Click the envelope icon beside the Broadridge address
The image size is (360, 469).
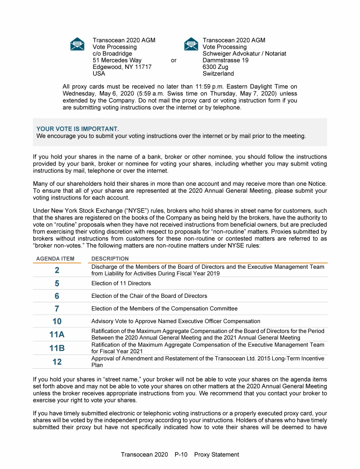tap(77, 44)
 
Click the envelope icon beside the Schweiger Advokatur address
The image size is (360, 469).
tap(191, 44)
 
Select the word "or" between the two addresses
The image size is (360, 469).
tap(173, 61)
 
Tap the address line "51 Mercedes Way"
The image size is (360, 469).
tap(117, 61)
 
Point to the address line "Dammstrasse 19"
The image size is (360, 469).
tap(225, 61)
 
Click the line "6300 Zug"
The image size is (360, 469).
tap(215, 67)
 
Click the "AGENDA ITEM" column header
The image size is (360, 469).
tap(55, 259)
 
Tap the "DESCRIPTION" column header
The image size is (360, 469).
tap(110, 259)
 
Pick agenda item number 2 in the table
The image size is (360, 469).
tap(57, 270)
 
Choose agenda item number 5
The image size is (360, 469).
tap(57, 283)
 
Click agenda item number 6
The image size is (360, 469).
tap(57, 296)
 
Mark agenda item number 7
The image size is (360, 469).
tap(57, 309)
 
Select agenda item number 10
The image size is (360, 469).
tap(57, 321)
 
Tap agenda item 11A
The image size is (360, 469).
tap(57, 334)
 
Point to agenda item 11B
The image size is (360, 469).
tap(57, 348)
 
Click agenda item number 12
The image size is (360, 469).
tap(57, 362)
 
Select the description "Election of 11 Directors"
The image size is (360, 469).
tap(121, 283)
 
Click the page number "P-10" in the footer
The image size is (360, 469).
tap(181, 454)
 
